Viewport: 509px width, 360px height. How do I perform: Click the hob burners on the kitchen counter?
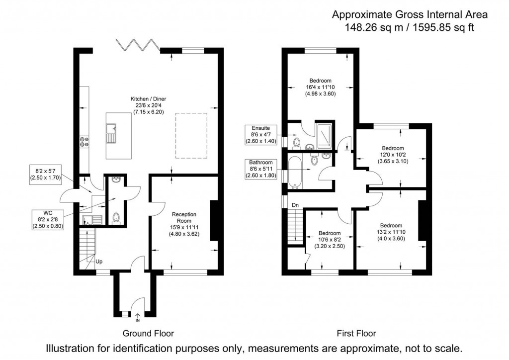click(83, 143)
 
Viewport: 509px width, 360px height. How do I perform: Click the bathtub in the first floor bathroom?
click(295, 172)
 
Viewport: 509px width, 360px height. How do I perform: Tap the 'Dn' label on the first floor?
click(295, 204)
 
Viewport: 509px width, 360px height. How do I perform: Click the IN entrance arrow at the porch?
click(138, 317)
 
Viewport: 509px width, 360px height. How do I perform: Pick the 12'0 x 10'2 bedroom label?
click(393, 155)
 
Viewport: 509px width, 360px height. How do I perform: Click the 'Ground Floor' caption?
click(148, 333)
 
